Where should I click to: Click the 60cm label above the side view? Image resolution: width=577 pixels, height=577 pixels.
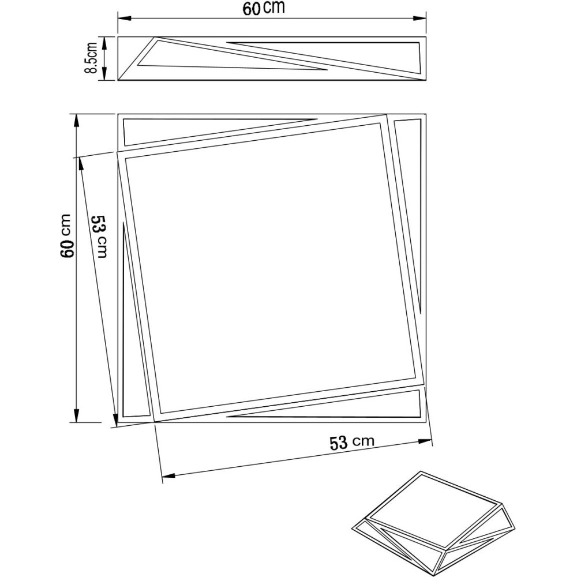267,9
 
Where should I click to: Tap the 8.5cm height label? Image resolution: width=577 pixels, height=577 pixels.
91,58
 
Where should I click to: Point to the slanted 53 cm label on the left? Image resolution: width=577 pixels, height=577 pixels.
99,236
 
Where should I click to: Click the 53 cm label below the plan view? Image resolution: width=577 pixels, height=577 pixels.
351,443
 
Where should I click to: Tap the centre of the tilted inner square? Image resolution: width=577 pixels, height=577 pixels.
270,268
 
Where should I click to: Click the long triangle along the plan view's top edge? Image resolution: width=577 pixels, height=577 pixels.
190,130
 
